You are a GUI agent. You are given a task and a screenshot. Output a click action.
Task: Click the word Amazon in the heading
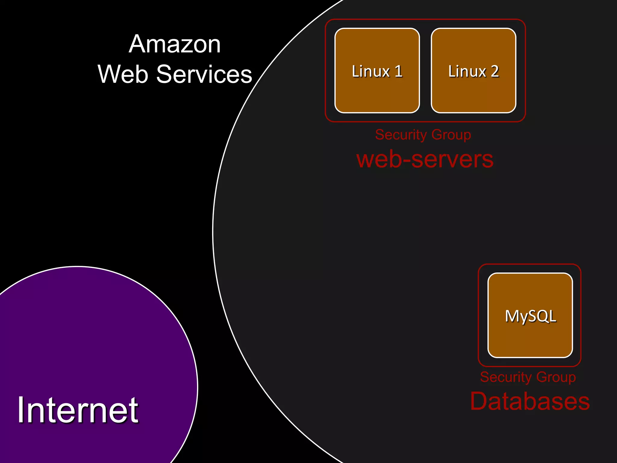(x=174, y=44)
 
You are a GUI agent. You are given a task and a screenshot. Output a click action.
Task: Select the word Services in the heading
(x=204, y=74)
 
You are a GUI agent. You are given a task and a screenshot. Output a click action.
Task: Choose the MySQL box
(x=530, y=316)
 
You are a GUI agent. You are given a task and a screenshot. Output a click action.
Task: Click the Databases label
(x=530, y=402)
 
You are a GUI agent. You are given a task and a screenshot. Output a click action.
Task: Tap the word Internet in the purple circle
(x=78, y=410)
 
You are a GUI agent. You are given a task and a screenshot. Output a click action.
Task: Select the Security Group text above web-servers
(x=423, y=134)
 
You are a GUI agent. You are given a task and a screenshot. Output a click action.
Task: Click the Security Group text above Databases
(x=528, y=377)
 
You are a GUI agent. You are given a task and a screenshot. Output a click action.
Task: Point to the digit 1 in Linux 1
(x=399, y=71)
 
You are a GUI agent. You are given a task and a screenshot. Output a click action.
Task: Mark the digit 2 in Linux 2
(x=495, y=71)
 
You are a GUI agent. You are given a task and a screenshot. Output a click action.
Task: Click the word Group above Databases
(x=556, y=377)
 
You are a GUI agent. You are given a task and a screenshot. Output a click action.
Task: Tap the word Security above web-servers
(x=397, y=134)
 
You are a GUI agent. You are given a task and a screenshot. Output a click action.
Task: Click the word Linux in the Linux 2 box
(x=467, y=71)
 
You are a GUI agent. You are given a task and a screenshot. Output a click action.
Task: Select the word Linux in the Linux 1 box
(x=371, y=71)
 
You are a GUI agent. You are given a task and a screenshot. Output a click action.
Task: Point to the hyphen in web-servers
(x=407, y=160)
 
